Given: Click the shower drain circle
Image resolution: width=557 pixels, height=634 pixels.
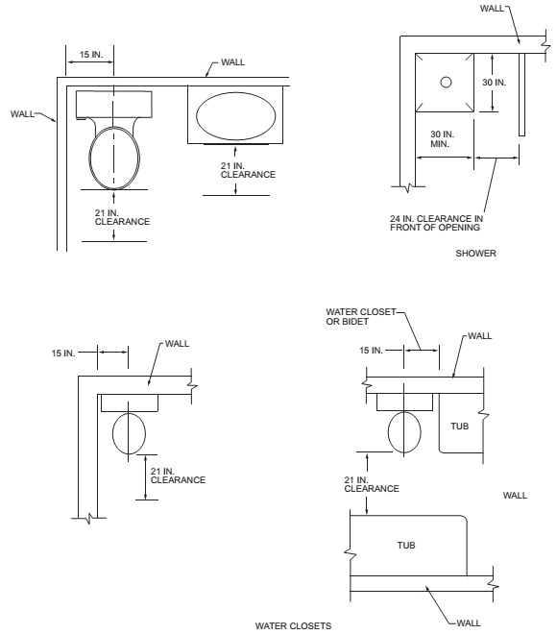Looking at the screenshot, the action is click(446, 82).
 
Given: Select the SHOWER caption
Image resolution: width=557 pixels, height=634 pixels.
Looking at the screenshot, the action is click(475, 254).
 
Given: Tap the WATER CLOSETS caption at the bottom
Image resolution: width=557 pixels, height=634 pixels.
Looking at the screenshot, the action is click(294, 626).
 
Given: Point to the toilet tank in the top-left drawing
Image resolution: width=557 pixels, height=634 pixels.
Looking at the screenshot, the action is click(114, 105).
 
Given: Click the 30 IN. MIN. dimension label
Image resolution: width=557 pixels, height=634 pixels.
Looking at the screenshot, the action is click(442, 138).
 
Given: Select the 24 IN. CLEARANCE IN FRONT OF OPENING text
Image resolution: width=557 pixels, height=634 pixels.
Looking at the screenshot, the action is click(437, 223).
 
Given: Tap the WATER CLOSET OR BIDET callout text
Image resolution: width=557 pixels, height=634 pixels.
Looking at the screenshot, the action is click(361, 317).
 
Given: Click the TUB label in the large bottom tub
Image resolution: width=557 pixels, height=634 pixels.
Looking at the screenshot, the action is click(406, 546).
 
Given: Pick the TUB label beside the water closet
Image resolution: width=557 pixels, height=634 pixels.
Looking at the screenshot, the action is click(460, 427).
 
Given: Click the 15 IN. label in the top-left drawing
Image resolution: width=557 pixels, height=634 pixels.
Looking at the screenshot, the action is click(91, 55).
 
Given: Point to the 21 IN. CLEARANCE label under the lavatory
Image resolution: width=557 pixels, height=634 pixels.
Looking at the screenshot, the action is click(248, 170).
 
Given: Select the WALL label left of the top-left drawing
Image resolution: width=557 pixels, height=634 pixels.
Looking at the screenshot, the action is click(22, 114).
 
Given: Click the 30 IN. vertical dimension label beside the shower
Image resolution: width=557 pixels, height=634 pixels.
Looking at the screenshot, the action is click(494, 83).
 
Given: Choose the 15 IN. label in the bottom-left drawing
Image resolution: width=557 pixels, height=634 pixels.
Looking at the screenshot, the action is click(63, 354).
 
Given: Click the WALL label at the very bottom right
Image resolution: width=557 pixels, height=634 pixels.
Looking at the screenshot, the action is click(469, 623).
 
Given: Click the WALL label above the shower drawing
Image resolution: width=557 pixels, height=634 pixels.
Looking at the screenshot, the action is click(492, 9).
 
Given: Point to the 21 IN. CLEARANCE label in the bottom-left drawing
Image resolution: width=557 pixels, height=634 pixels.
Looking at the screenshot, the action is click(178, 475).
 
